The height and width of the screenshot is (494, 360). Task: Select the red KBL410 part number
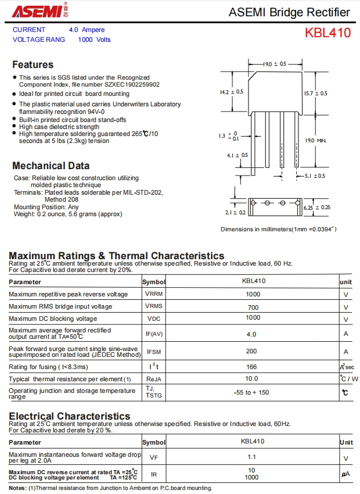point(327,33)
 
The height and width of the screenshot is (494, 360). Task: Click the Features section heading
point(33,65)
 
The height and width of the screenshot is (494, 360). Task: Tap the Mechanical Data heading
point(51,166)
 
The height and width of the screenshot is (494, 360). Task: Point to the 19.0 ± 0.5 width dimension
point(275,64)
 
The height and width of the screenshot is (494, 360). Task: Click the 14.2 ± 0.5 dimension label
point(231,92)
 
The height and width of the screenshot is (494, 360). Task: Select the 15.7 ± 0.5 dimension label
point(315,93)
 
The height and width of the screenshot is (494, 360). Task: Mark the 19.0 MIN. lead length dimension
point(316,141)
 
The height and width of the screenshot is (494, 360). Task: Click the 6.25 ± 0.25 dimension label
point(317,207)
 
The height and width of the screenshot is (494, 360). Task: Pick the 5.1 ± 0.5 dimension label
point(315,176)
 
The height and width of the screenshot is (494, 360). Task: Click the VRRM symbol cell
point(154,294)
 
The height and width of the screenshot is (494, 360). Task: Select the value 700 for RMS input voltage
point(253,307)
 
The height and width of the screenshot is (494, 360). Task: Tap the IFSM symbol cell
point(154,352)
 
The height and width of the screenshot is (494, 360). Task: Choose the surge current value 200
point(251,351)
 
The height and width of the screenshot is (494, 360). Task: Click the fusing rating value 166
point(251,367)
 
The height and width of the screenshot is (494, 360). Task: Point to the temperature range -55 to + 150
point(251,392)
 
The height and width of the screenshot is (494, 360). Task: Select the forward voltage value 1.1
point(251,457)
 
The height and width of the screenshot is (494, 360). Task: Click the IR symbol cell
point(154,474)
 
